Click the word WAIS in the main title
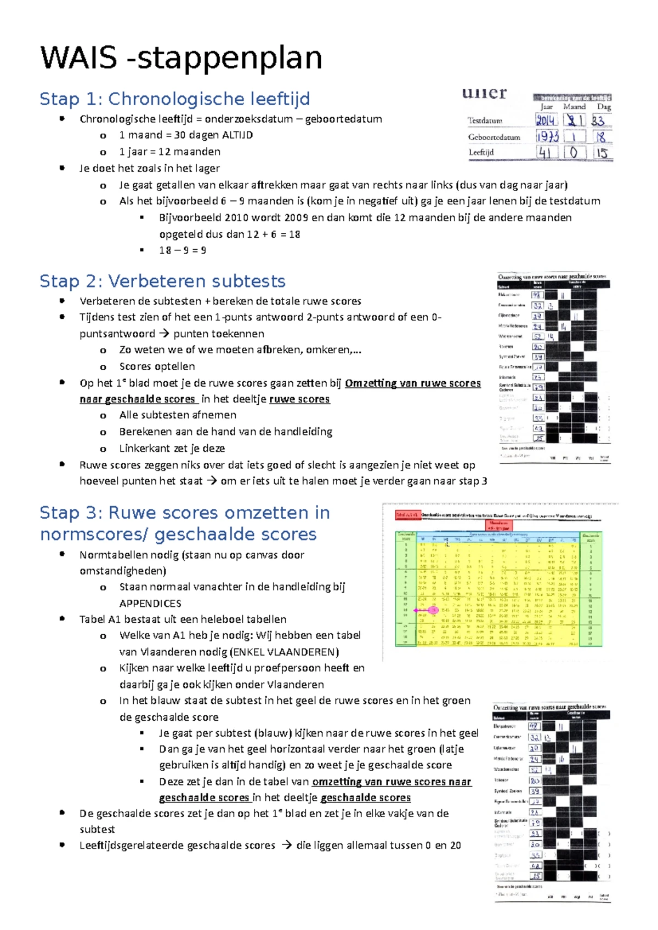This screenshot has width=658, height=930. pos(78,58)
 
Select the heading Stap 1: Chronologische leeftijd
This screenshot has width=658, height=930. pos(174,99)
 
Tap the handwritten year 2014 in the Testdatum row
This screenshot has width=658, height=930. pos(546,120)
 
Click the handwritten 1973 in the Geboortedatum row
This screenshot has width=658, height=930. pos(547,137)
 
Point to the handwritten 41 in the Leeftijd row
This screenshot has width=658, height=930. pos(544,153)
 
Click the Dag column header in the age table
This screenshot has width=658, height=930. pos(603,107)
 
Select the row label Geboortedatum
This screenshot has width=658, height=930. pos(493,137)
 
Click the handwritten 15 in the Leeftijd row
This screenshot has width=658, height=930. pos(602,153)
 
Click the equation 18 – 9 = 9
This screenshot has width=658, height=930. pos(183,250)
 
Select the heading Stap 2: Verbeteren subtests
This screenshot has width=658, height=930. pos(162,282)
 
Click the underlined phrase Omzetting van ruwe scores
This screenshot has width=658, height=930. pos(412,383)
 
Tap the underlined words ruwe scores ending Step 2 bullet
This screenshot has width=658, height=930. pos(299,399)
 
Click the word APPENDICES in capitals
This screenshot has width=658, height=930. pos(150,604)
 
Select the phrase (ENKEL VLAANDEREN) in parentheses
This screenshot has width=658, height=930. pos(285,652)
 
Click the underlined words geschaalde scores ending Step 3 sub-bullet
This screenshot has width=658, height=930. pos(365,798)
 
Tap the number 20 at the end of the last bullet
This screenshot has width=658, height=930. pos(455,846)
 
